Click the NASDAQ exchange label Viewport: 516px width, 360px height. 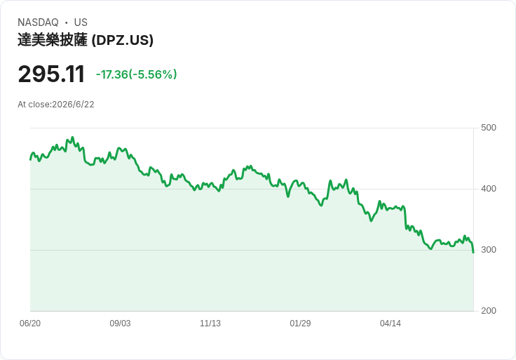coord(38,22)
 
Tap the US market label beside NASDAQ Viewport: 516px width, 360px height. coord(81,22)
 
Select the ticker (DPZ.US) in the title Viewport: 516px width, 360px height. coord(123,40)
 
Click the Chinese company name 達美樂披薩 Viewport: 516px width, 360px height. coord(53,40)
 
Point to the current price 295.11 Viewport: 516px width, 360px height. coord(51,74)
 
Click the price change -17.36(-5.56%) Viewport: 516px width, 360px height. coord(136,74)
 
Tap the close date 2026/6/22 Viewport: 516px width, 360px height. coord(73,105)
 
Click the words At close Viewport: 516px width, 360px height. coord(34,105)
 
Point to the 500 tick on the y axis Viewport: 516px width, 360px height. coord(489,128)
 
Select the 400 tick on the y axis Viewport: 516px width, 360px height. coord(489,189)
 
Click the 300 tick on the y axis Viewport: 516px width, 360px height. coord(489,250)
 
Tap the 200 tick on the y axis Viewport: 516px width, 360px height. coord(489,311)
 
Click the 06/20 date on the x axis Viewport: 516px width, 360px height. coord(30,324)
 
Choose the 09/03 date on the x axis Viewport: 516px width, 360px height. coord(120,324)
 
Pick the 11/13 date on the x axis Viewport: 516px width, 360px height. coord(210,324)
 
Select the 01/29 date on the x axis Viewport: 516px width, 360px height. coord(300,324)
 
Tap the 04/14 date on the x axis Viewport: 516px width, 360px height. coord(391,324)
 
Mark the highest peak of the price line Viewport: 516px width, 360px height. coord(73,138)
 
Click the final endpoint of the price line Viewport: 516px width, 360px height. coord(473,253)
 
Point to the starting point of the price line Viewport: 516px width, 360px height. coord(30,160)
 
